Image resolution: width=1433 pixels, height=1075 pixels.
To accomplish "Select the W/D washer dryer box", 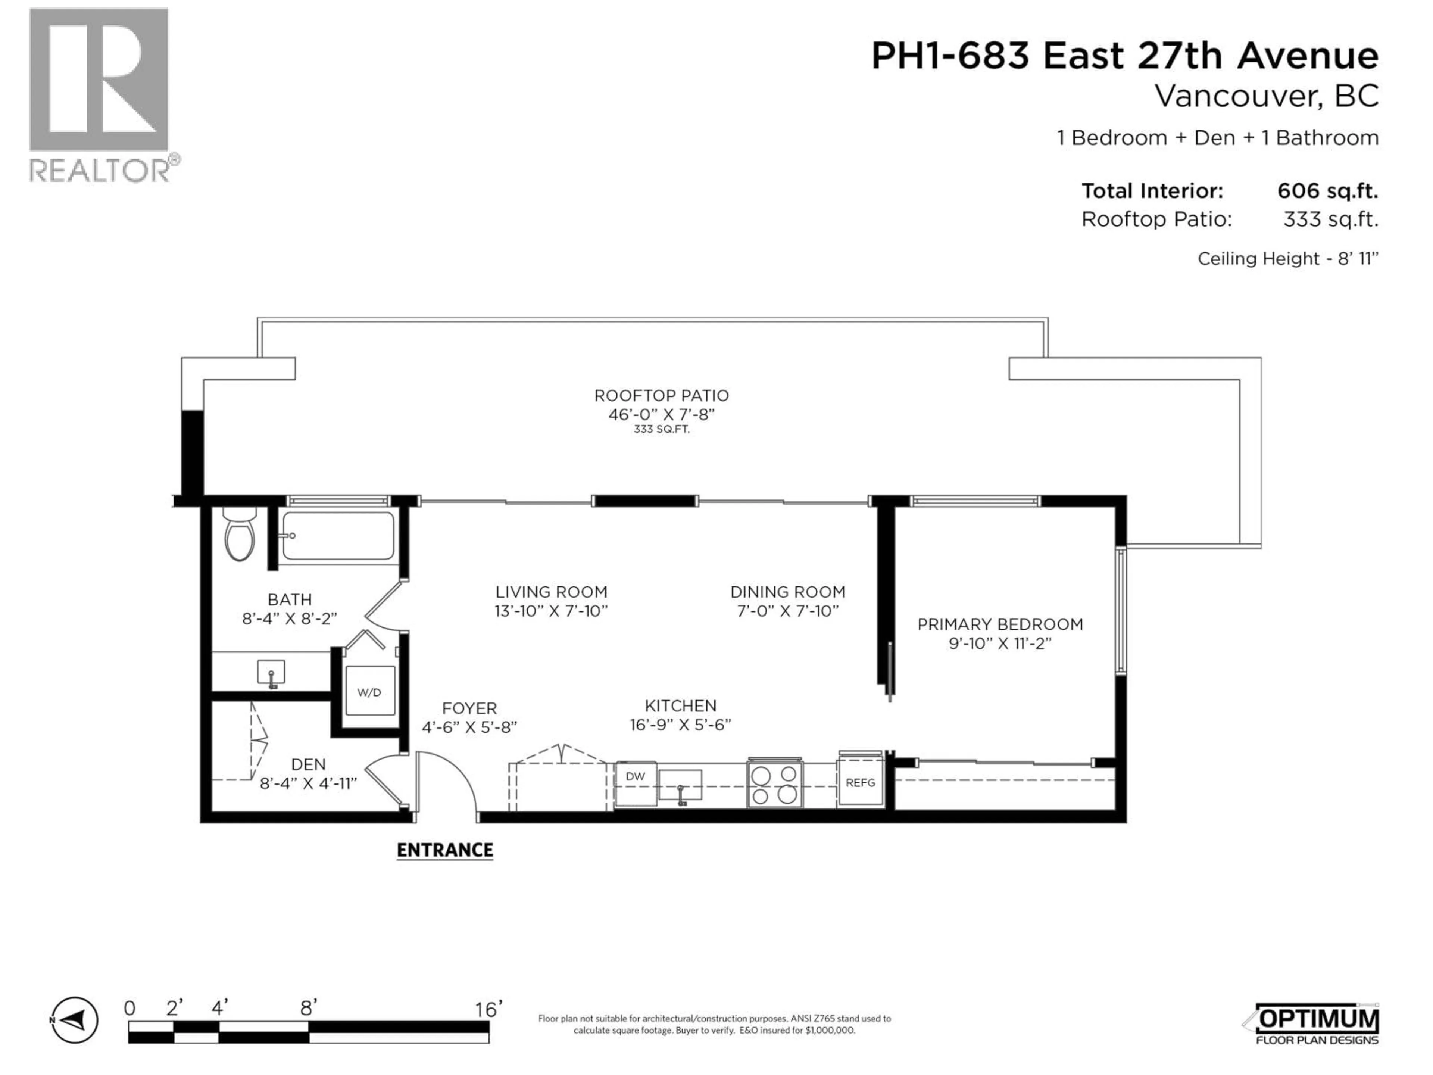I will (x=369, y=691).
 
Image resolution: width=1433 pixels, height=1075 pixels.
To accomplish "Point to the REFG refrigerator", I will (x=860, y=783).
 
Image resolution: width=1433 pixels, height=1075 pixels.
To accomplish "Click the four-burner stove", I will (x=774, y=784).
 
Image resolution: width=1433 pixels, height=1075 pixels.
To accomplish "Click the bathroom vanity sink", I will (x=271, y=673).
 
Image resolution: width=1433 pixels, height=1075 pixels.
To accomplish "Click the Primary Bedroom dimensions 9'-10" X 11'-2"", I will (x=1000, y=644).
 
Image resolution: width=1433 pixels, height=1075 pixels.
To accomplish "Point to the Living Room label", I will (x=551, y=592).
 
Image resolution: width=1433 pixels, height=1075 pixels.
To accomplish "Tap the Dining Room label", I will (x=788, y=592).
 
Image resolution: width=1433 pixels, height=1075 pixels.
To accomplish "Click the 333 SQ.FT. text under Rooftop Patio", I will (x=661, y=430).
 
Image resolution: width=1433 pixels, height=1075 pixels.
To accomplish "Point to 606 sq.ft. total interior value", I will (x=1327, y=191).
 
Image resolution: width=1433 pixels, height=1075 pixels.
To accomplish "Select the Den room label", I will (x=308, y=764).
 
